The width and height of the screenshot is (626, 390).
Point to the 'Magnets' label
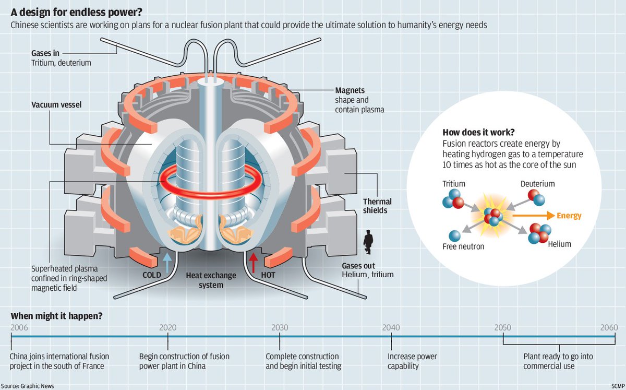click(350, 90)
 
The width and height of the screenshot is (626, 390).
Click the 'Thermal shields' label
click(377, 206)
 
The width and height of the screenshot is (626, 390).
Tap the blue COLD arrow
click(167, 261)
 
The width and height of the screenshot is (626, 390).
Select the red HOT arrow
click(254, 262)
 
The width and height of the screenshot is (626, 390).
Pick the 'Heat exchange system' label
click(211, 280)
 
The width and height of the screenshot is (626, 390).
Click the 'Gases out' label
click(358, 265)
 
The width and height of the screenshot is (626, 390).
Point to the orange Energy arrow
click(532, 215)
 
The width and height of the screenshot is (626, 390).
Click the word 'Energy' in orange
click(569, 215)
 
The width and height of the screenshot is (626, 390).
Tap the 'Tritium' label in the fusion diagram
click(453, 184)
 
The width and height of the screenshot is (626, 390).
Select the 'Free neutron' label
click(463, 246)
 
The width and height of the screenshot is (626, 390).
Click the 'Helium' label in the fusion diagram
click(559, 244)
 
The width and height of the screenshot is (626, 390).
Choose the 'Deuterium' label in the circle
click(537, 184)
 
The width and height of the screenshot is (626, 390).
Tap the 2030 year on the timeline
click(280, 327)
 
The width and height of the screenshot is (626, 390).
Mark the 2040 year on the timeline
click(391, 327)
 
